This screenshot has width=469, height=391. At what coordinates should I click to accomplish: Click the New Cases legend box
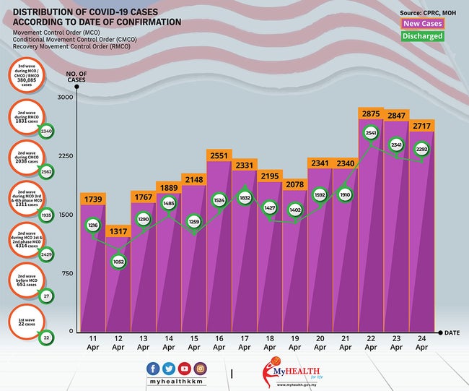pyautogui.click(x=422, y=24)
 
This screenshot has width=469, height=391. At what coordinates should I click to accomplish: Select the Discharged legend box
pyautogui.click(x=422, y=36)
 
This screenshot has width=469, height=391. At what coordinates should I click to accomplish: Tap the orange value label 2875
pyautogui.click(x=372, y=114)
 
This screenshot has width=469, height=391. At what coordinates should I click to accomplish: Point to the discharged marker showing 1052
pyautogui.click(x=117, y=262)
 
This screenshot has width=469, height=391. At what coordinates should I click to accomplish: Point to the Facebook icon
pyautogui.click(x=153, y=369)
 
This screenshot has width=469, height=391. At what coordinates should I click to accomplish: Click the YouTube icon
pyautogui.click(x=184, y=369)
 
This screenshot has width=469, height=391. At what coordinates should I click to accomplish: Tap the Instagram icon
pyautogui.click(x=200, y=369)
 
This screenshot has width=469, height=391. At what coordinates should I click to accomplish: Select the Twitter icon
pyautogui.click(x=168, y=369)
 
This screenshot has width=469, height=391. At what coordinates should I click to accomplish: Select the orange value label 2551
pyautogui.click(x=219, y=155)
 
